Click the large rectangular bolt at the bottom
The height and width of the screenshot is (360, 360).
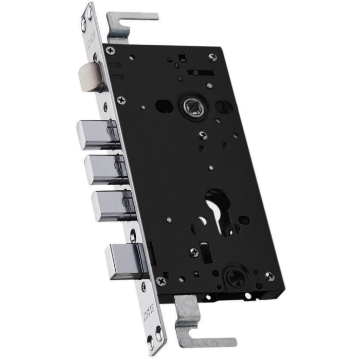tap(125, 261)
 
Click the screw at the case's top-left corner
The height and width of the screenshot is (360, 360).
tap(110, 50)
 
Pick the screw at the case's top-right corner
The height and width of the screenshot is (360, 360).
tap(213, 57)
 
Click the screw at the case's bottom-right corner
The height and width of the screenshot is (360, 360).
tap(269, 277)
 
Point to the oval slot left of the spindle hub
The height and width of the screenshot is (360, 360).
tap(164, 106)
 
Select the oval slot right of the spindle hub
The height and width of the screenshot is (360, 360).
tap(224, 106)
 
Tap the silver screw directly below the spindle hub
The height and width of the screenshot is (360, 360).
tap(203, 135)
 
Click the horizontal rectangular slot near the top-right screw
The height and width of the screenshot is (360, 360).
tap(201, 72)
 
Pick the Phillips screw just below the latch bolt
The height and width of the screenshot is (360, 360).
tap(121, 99)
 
